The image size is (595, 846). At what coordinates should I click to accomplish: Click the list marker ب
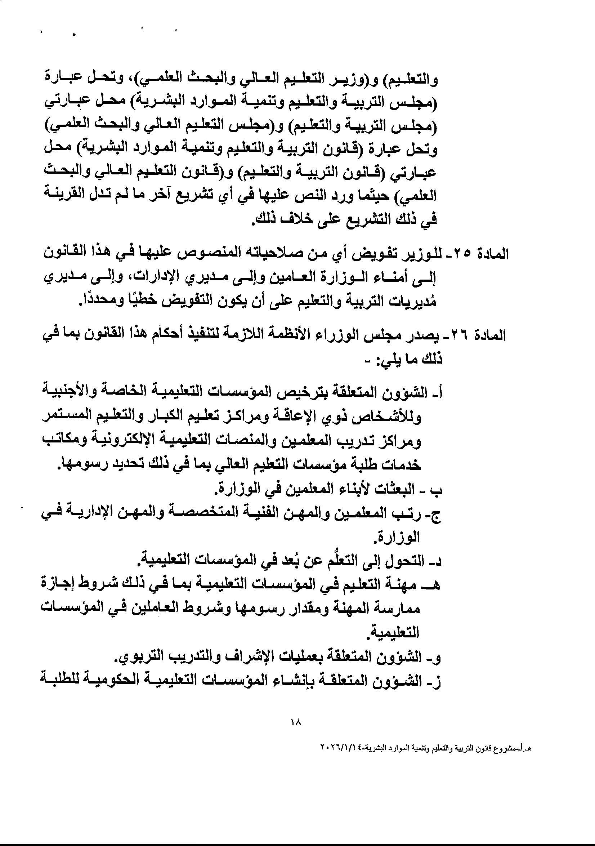tap(438, 490)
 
